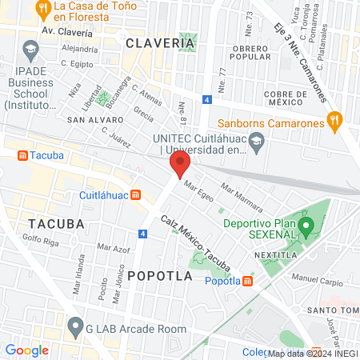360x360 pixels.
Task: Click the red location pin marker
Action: pyautogui.click(x=179, y=166)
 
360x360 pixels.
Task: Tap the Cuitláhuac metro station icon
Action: pyautogui.click(x=136, y=194)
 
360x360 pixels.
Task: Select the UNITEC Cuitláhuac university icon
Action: pyautogui.click(x=257, y=144)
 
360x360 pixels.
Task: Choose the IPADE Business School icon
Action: pyautogui.click(x=30, y=50)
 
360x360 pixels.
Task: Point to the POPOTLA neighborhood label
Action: pyautogui.click(x=160, y=276)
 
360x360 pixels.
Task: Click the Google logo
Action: pyautogui.click(x=26, y=350)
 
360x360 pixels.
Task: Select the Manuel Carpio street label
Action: pyautogui.click(x=316, y=279)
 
